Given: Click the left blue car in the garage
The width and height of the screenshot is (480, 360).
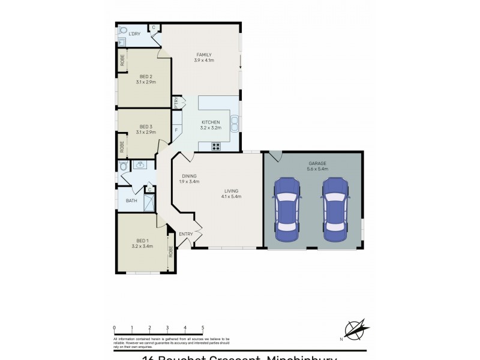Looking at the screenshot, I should click(286, 208).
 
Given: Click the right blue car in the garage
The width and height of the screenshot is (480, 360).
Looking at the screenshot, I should click(335, 208).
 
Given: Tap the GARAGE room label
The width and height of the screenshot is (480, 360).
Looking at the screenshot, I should click(317, 163).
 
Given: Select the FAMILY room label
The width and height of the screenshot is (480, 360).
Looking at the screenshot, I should click(203, 55).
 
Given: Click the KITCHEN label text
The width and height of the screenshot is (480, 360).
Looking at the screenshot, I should click(211, 122).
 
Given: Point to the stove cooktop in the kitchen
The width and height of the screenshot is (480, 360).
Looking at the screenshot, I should click(216, 146).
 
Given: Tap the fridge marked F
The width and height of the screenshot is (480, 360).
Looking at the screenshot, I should click(176, 130).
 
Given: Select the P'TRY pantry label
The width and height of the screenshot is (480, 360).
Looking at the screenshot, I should click(176, 103).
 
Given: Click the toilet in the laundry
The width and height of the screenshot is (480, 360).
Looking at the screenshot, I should click(123, 30).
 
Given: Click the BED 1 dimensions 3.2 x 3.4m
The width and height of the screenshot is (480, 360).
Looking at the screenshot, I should click(142, 246).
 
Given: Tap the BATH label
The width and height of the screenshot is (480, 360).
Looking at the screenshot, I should click(130, 202).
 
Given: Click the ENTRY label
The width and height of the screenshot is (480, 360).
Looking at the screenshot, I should click(186, 234).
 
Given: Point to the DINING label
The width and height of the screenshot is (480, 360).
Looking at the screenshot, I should click(189, 176).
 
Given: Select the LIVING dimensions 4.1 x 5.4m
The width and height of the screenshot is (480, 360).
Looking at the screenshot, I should click(230, 196).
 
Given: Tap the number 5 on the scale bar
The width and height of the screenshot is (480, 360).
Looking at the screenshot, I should click(203, 328).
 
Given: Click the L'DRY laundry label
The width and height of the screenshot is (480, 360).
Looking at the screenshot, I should click(135, 34).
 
